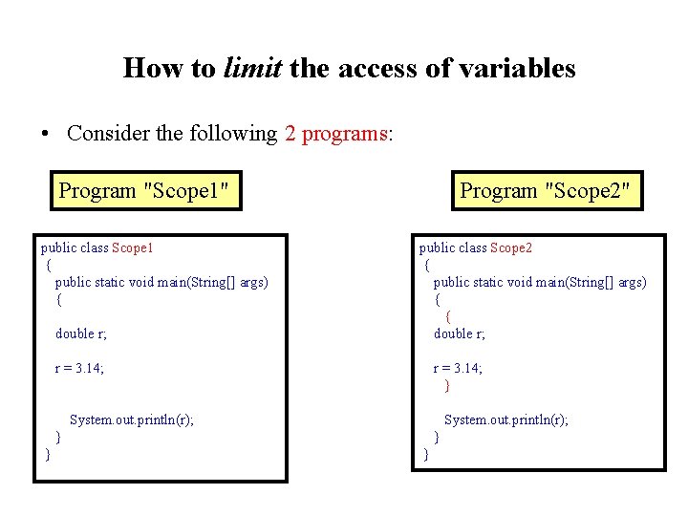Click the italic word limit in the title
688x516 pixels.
(x=252, y=69)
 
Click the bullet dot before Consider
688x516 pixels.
(x=46, y=135)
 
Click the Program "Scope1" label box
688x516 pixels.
(x=143, y=190)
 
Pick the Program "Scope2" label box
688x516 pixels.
(x=545, y=190)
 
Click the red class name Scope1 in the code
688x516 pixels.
(x=133, y=248)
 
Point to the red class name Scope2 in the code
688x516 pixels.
(x=511, y=248)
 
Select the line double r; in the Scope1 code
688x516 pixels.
(x=81, y=333)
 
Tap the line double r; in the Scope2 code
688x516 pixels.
(x=460, y=333)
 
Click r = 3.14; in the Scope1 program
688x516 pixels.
(x=79, y=368)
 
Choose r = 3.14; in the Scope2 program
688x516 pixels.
(x=458, y=368)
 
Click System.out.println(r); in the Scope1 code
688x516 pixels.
(x=132, y=419)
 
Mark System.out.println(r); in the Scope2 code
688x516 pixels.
(x=506, y=419)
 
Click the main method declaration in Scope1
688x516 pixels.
(x=161, y=282)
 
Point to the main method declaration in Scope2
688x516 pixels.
(x=540, y=282)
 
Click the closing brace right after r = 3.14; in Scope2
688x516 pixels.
(x=446, y=386)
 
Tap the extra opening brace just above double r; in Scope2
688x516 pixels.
(x=448, y=316)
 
